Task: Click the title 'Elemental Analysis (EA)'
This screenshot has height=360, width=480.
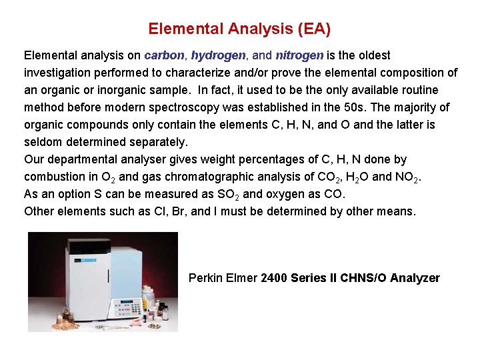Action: click(x=239, y=29)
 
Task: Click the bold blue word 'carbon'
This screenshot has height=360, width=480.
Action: click(x=163, y=55)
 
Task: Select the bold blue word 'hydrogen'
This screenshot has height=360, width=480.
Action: click(x=218, y=55)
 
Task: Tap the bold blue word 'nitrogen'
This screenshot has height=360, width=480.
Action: click(x=299, y=55)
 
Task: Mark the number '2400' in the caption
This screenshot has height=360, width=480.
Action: click(x=274, y=278)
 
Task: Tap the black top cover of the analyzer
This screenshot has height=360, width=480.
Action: click(x=89, y=246)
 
